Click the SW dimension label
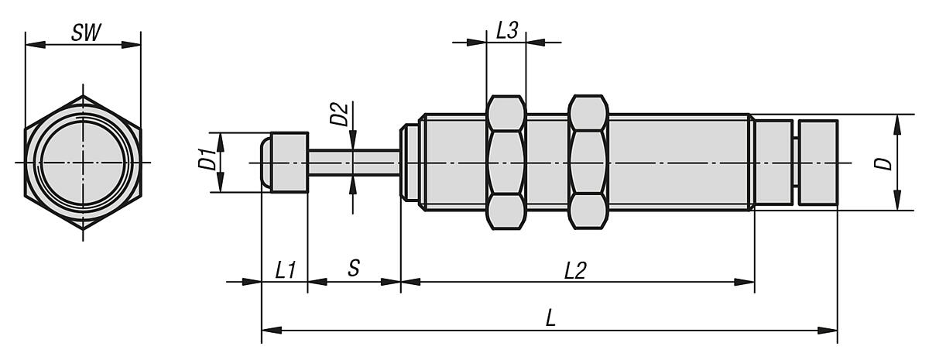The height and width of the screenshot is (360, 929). click(x=84, y=33)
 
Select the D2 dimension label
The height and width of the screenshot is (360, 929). click(x=338, y=115)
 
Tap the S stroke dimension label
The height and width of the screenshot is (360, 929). click(x=353, y=269)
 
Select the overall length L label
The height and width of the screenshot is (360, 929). click(x=550, y=320)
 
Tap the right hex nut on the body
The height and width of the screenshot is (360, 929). click(x=587, y=163)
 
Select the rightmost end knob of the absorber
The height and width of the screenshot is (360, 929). click(x=818, y=163)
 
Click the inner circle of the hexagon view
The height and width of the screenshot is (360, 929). click(x=84, y=162)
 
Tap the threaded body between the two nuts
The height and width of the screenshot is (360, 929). click(x=547, y=163)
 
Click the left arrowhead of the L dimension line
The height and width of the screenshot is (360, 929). click(x=268, y=331)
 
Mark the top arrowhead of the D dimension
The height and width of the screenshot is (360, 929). click(x=896, y=120)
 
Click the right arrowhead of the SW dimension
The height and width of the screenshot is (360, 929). click(x=135, y=46)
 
